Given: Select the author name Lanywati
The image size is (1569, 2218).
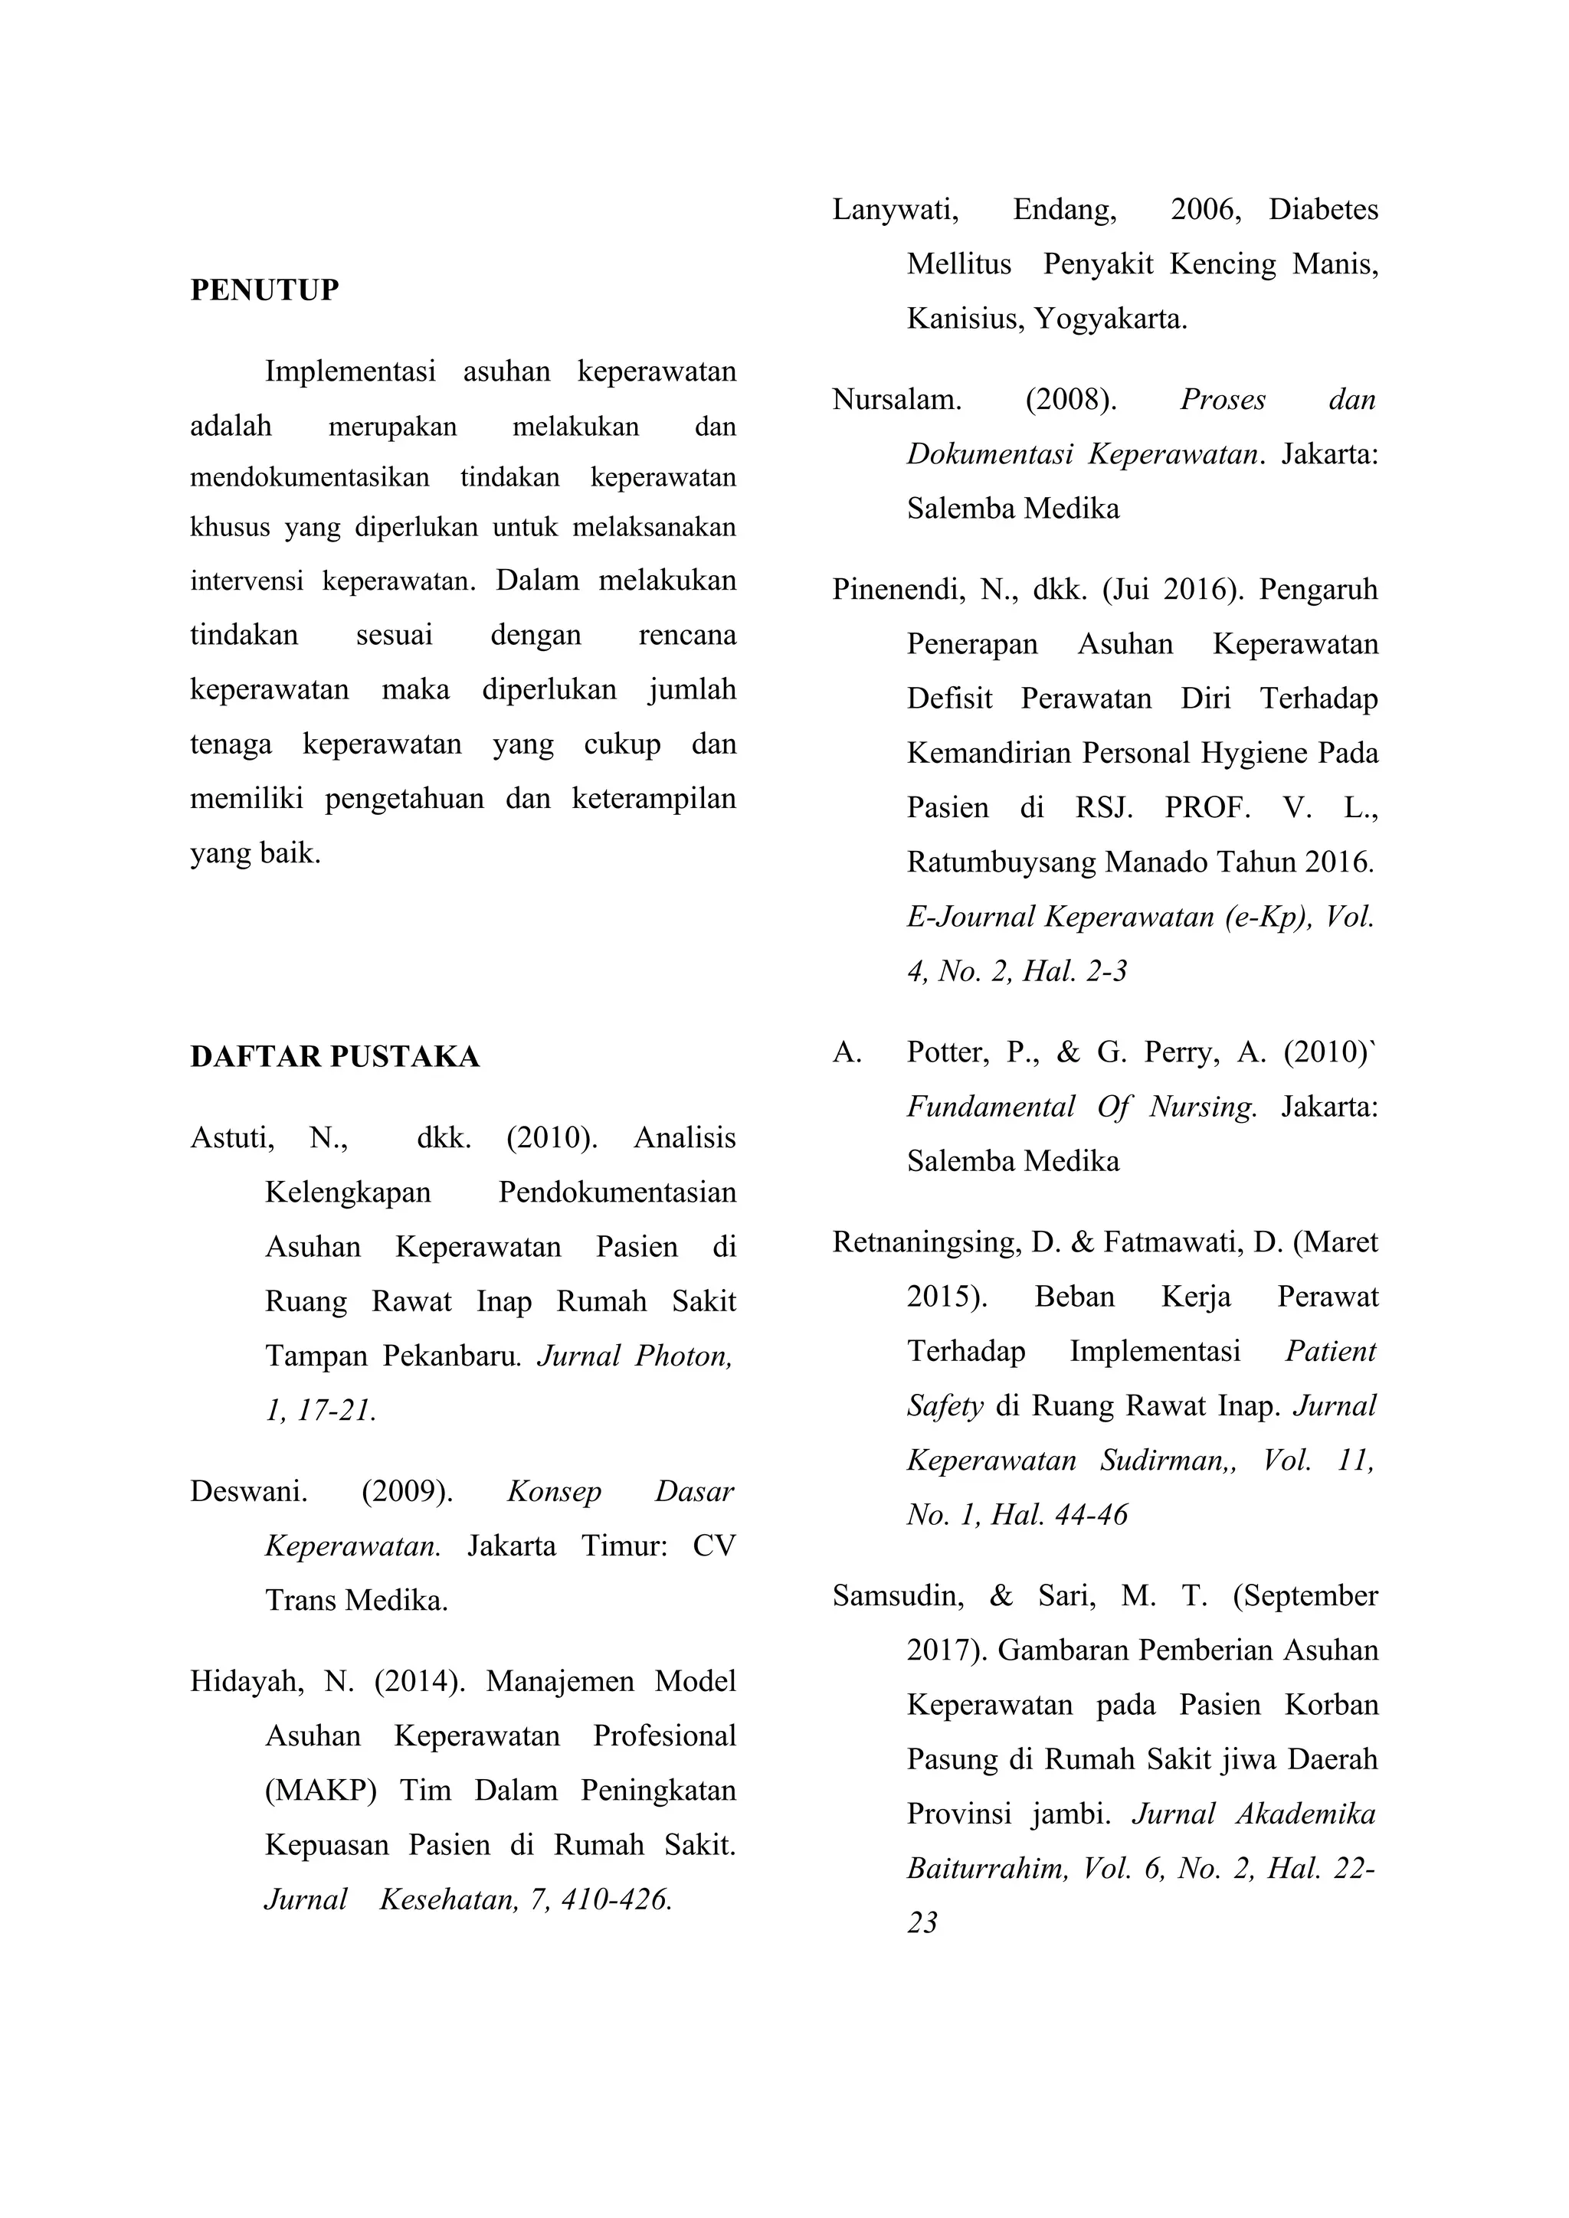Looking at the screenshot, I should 895,210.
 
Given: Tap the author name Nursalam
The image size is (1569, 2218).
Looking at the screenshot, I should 896,400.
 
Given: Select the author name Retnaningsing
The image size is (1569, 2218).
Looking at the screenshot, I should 925,1242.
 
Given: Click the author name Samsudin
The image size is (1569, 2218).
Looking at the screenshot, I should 898,1596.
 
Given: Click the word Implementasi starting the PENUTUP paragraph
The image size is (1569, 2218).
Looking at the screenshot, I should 350,371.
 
